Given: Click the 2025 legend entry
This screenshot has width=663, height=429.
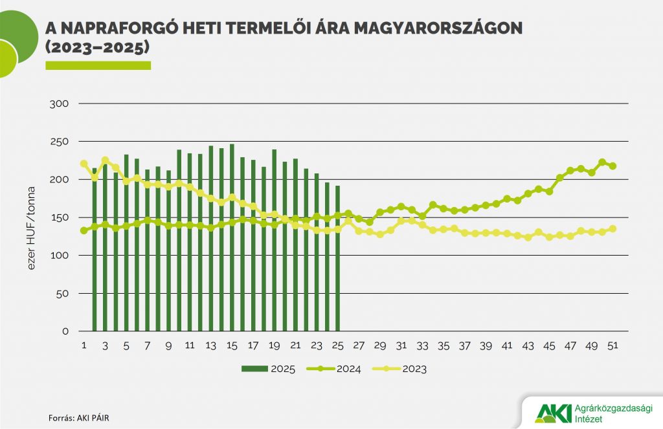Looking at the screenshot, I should coord(269,369).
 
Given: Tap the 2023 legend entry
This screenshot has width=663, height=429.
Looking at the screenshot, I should coord(401,369).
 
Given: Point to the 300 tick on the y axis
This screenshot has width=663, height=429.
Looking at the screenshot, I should coord(69,104).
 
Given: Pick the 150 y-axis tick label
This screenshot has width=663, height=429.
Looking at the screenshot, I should coord(69,217).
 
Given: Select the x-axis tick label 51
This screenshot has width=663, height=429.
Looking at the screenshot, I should coord(613,346).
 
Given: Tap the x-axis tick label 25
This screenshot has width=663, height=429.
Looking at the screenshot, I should coord(337,346).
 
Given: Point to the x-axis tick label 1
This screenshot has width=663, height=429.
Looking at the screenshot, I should coord(84,346).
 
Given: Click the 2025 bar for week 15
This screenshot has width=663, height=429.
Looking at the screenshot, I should coord(232,237).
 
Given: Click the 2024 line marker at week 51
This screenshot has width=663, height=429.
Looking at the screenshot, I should coord(613,166).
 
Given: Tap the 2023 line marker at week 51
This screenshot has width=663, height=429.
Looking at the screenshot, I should coord(613,228).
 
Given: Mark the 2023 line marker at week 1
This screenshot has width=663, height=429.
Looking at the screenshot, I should coord(84,164).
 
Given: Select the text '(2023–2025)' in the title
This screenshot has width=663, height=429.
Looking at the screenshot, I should coord(97,48).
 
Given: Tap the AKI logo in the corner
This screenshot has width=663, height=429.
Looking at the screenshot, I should coord(554,412).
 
